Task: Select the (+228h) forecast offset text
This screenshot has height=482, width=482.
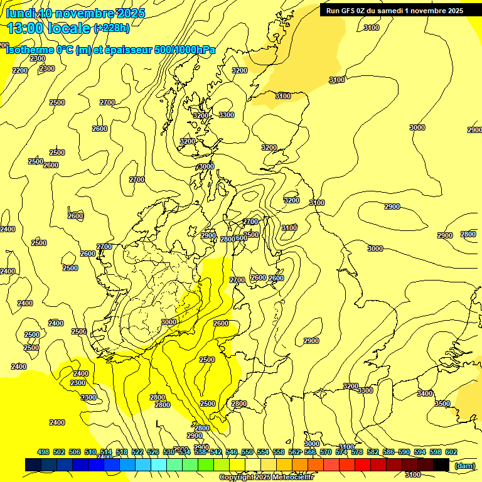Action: [112, 28]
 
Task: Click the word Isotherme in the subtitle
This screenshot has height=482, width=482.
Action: [29, 50]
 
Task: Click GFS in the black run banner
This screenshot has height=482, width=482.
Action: [347, 10]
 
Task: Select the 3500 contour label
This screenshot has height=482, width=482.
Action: [442, 404]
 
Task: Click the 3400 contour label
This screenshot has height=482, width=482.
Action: [425, 394]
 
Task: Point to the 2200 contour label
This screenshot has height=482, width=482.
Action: [20, 70]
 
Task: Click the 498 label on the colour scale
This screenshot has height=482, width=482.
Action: [43, 452]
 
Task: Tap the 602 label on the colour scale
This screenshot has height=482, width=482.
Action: [451, 452]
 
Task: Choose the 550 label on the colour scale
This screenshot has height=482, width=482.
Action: [247, 452]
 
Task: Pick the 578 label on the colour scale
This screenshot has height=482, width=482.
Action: [356, 452]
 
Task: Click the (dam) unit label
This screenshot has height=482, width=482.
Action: [465, 465]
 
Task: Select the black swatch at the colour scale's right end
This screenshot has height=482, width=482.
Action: [441, 465]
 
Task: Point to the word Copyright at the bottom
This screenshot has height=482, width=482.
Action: [238, 478]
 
